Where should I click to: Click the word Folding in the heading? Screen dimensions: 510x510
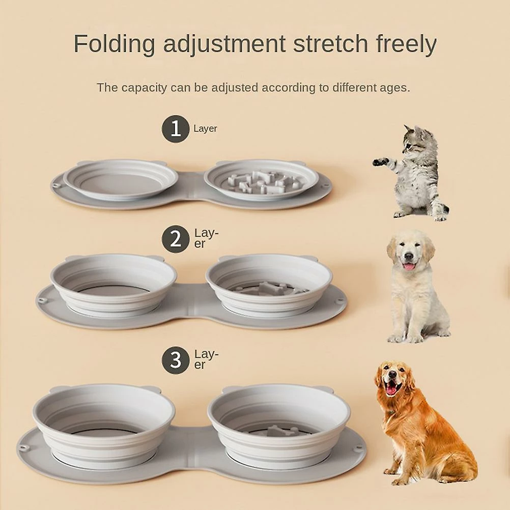point(114,44)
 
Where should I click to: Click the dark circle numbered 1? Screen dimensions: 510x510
point(176,128)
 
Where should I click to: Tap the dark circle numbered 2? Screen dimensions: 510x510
point(176,239)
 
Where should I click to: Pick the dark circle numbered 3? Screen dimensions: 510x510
point(176,360)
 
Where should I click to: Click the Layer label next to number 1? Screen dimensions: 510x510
point(205,128)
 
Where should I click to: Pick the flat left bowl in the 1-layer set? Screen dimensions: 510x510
point(121,180)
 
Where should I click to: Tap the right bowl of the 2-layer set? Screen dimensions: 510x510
point(269,285)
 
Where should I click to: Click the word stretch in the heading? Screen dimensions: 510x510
point(331,44)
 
